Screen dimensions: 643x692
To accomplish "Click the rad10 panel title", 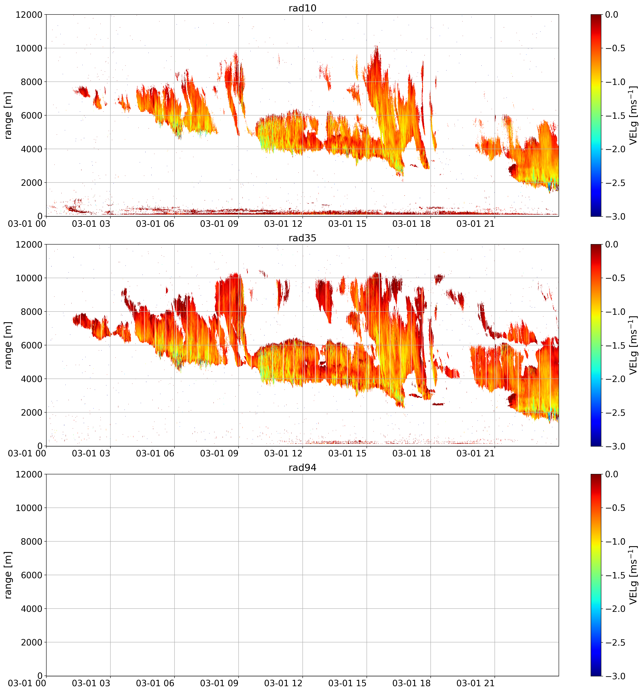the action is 302,8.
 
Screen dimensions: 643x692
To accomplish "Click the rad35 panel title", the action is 302,238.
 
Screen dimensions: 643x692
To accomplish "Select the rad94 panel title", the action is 302,468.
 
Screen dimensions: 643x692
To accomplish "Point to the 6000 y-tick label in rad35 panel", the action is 31,345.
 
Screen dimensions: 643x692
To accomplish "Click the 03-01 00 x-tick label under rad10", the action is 27,224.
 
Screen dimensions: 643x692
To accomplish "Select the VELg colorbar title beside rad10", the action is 633,115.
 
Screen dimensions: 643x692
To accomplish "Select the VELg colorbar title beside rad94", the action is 633,575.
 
